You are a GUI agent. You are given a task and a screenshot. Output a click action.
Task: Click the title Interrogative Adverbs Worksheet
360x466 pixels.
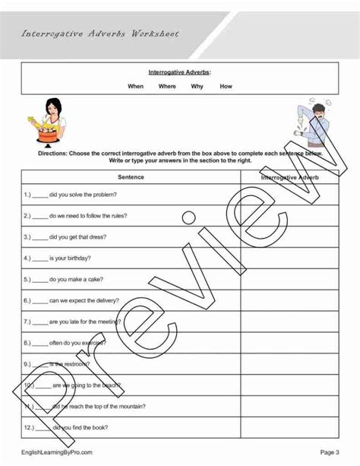click(x=101, y=34)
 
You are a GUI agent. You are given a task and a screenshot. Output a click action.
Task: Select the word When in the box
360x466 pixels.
click(x=135, y=87)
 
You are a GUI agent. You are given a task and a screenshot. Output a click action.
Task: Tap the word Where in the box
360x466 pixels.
click(x=167, y=87)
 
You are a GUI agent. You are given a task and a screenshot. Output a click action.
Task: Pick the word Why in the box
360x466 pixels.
click(x=197, y=87)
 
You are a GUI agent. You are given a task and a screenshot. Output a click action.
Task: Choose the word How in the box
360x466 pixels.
click(x=226, y=87)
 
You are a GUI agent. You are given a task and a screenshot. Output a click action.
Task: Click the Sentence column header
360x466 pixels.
click(x=131, y=177)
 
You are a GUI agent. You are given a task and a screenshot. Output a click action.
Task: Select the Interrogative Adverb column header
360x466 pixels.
click(x=289, y=177)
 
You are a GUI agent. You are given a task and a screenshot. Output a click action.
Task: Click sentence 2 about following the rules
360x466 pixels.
click(x=76, y=216)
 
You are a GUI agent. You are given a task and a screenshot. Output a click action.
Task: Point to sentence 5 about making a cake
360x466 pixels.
click(x=68, y=279)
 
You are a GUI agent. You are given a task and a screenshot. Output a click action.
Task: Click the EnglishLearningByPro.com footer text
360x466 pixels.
click(x=57, y=452)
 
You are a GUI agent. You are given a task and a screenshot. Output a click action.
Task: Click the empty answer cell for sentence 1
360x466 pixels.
click(x=289, y=195)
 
